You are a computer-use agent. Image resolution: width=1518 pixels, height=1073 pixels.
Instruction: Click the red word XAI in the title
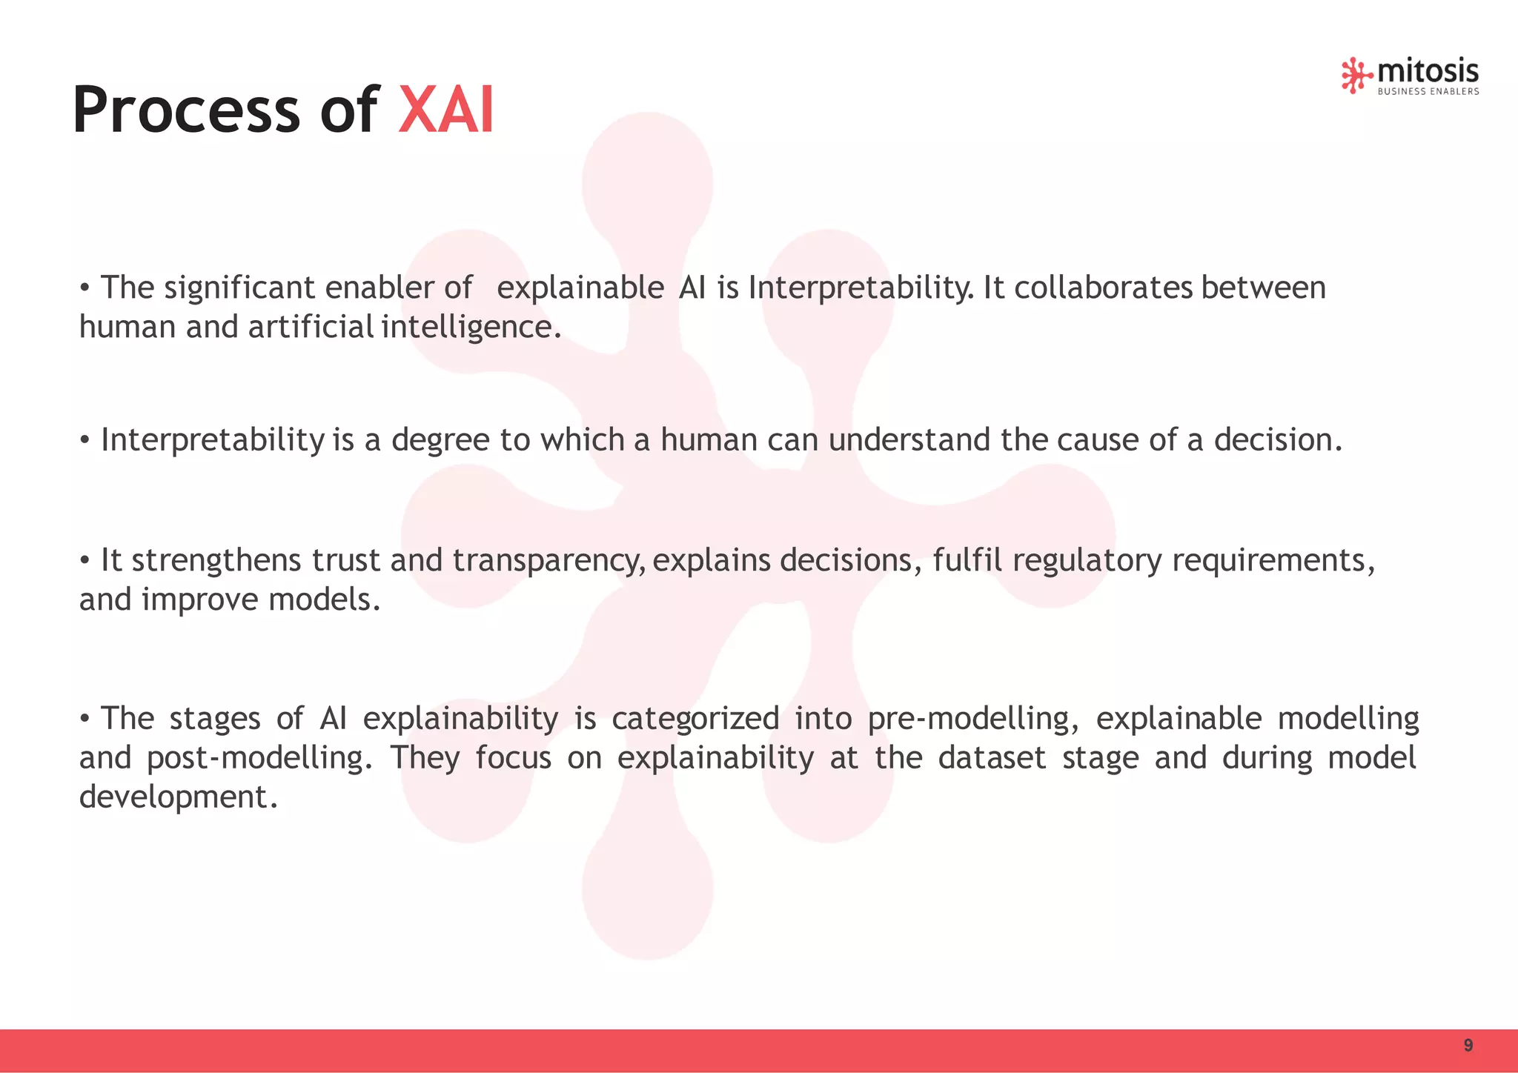pos(446,110)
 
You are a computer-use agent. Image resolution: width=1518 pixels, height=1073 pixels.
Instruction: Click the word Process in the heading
pos(185,110)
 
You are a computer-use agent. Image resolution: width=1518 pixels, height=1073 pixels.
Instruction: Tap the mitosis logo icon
pos(1355,75)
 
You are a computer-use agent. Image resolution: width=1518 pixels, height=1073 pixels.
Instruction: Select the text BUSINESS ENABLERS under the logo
pos(1428,92)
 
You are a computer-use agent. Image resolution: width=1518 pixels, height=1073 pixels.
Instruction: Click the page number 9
pos(1468,1046)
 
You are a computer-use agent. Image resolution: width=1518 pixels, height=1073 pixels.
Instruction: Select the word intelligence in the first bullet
pos(471,328)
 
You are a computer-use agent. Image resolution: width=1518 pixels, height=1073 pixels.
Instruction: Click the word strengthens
pos(216,560)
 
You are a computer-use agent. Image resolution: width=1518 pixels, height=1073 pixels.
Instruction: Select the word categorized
pos(695,719)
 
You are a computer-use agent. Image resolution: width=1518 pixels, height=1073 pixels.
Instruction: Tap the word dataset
pos(991,758)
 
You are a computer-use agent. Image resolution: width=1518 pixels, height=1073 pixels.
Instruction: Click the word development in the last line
pos(178,797)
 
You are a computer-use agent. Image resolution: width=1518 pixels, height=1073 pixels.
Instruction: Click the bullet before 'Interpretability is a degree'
pos(85,441)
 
